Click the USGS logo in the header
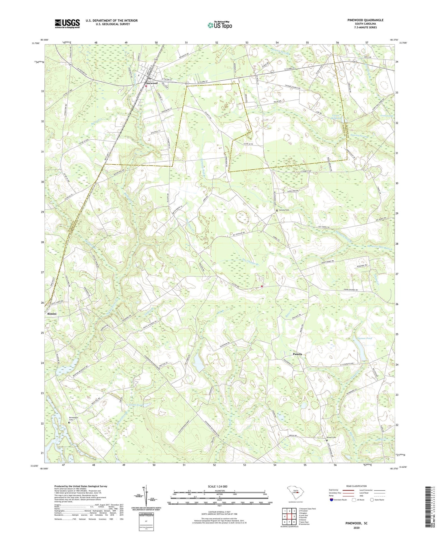click(x=67, y=24)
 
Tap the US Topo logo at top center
click(x=220, y=25)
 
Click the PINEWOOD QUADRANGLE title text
click(x=366, y=20)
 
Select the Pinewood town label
click(x=151, y=83)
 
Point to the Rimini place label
click(x=52, y=314)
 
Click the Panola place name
click(x=297, y=354)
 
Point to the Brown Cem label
click(x=331, y=437)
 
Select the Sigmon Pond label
click(x=365, y=338)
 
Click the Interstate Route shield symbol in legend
click(x=331, y=500)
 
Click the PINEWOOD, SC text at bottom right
click(x=357, y=523)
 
